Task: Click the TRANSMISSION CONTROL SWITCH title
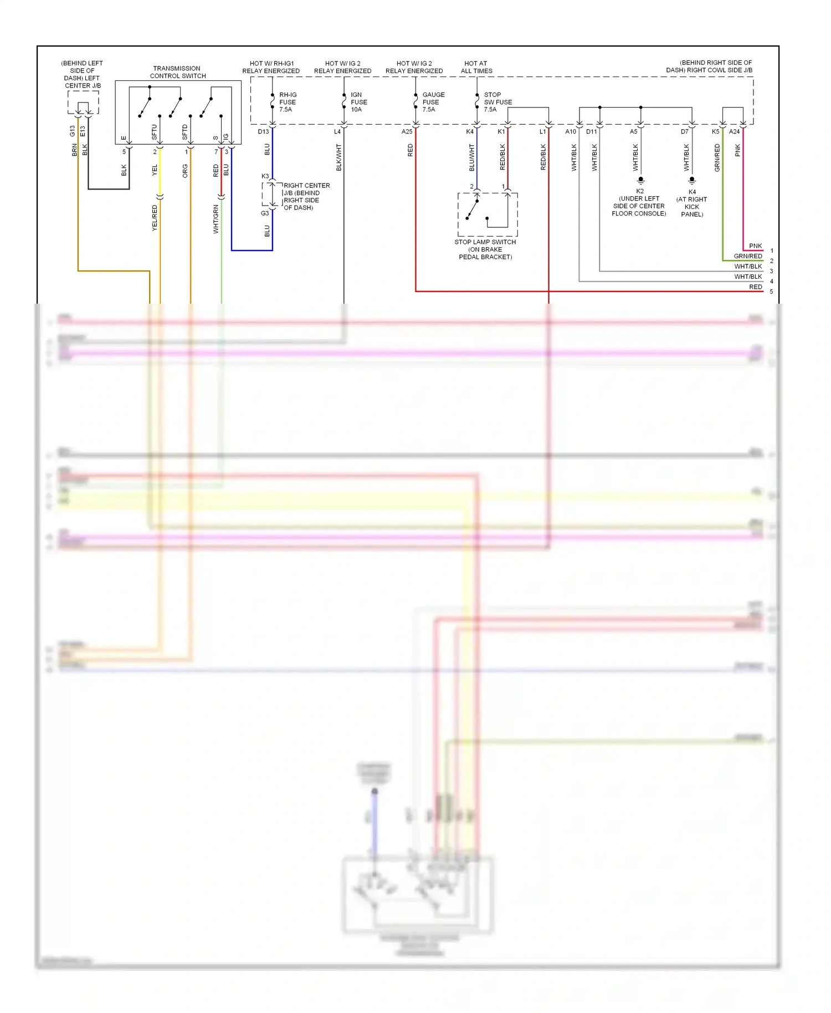pos(178,72)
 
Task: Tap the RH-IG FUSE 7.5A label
pos(287,102)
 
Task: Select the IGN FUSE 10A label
pos(358,102)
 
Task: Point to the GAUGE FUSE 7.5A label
pos(433,102)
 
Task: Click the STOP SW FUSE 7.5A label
pos(497,102)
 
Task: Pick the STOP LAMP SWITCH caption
pos(485,249)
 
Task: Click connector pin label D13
pos(263,132)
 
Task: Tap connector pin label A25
pos(407,132)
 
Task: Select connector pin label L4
pos(337,132)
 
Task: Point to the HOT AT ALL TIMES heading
pos(476,67)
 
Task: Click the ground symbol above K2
pos(640,180)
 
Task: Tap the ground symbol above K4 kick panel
pos(692,180)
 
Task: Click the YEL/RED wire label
pos(155,218)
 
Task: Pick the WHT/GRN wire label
pos(216,219)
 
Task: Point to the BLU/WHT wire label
pos(471,157)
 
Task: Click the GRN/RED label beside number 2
pos(747,256)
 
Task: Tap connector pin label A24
pos(734,132)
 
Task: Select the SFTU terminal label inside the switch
pos(155,132)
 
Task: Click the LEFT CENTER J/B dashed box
pos(83,103)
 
